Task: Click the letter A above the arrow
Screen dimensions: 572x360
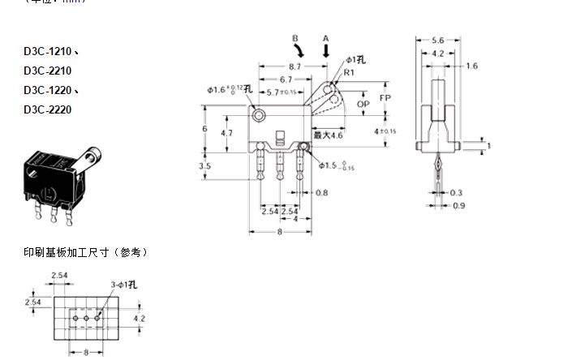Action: click(x=326, y=37)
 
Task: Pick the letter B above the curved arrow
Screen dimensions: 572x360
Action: click(x=295, y=37)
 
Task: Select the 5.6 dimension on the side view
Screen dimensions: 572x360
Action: click(x=437, y=39)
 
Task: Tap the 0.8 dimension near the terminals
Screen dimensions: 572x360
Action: click(x=320, y=193)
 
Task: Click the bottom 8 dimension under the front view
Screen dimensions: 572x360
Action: click(x=278, y=232)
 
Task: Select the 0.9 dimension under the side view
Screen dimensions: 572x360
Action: click(x=459, y=206)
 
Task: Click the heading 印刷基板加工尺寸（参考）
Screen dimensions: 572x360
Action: click(x=85, y=253)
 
